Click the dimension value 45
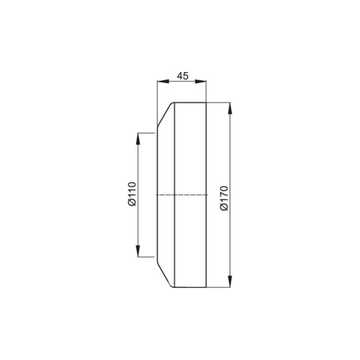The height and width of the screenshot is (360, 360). [x=182, y=76]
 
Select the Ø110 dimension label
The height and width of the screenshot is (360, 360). [x=132, y=194]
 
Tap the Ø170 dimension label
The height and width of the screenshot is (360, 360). [x=224, y=198]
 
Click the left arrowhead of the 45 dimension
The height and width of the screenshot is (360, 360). [x=162, y=82]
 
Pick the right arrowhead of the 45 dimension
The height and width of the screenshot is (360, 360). [x=201, y=82]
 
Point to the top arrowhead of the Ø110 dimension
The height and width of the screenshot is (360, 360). [x=138, y=138]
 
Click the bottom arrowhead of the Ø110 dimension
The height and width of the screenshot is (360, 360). [x=138, y=251]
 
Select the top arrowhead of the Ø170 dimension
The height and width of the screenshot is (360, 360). [x=230, y=109]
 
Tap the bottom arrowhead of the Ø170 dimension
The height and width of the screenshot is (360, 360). [x=230, y=282]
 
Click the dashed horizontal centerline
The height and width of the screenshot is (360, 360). [x=182, y=195]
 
